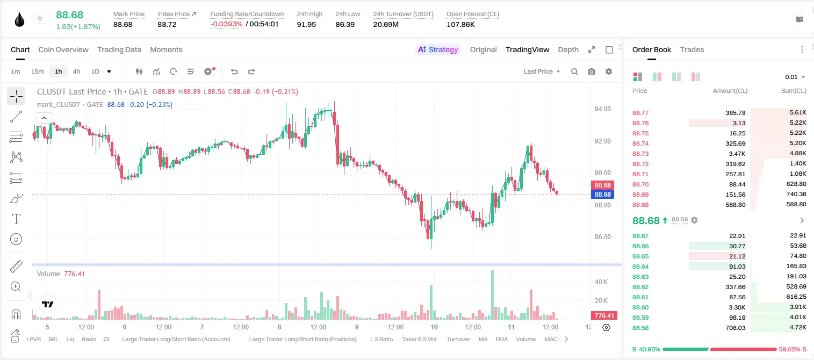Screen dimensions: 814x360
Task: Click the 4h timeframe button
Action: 76,71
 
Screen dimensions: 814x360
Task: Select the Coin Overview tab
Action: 63,49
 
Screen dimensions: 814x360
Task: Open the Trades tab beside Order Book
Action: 692,49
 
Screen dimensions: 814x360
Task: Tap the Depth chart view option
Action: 568,49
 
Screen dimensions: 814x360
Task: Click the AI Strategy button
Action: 438,49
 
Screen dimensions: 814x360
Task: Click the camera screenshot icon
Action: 592,71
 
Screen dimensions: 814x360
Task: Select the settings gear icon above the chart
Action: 609,71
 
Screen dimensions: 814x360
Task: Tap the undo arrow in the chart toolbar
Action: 234,71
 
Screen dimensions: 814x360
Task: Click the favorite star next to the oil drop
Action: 40,18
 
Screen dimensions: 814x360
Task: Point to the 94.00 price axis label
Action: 602,109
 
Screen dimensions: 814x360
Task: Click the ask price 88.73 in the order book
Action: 640,154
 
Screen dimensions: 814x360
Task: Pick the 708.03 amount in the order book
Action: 735,328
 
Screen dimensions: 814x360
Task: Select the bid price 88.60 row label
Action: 640,307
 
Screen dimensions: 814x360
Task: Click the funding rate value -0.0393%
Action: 226,24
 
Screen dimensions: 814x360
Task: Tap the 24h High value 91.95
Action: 306,24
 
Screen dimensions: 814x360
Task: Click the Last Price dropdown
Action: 542,71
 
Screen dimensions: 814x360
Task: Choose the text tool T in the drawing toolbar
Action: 16,219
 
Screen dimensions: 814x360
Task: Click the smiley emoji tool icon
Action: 16,239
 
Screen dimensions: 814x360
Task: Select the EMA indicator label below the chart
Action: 501,339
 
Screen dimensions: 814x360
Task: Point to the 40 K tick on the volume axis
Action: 601,282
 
